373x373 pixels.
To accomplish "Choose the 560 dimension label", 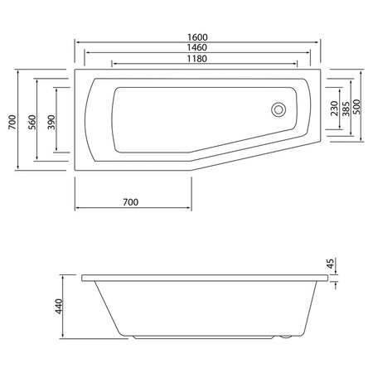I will point(31,121).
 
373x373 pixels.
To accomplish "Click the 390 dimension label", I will point(51,121).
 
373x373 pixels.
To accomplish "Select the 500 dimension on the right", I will point(357,109).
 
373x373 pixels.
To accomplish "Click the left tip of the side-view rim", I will point(82,276).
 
